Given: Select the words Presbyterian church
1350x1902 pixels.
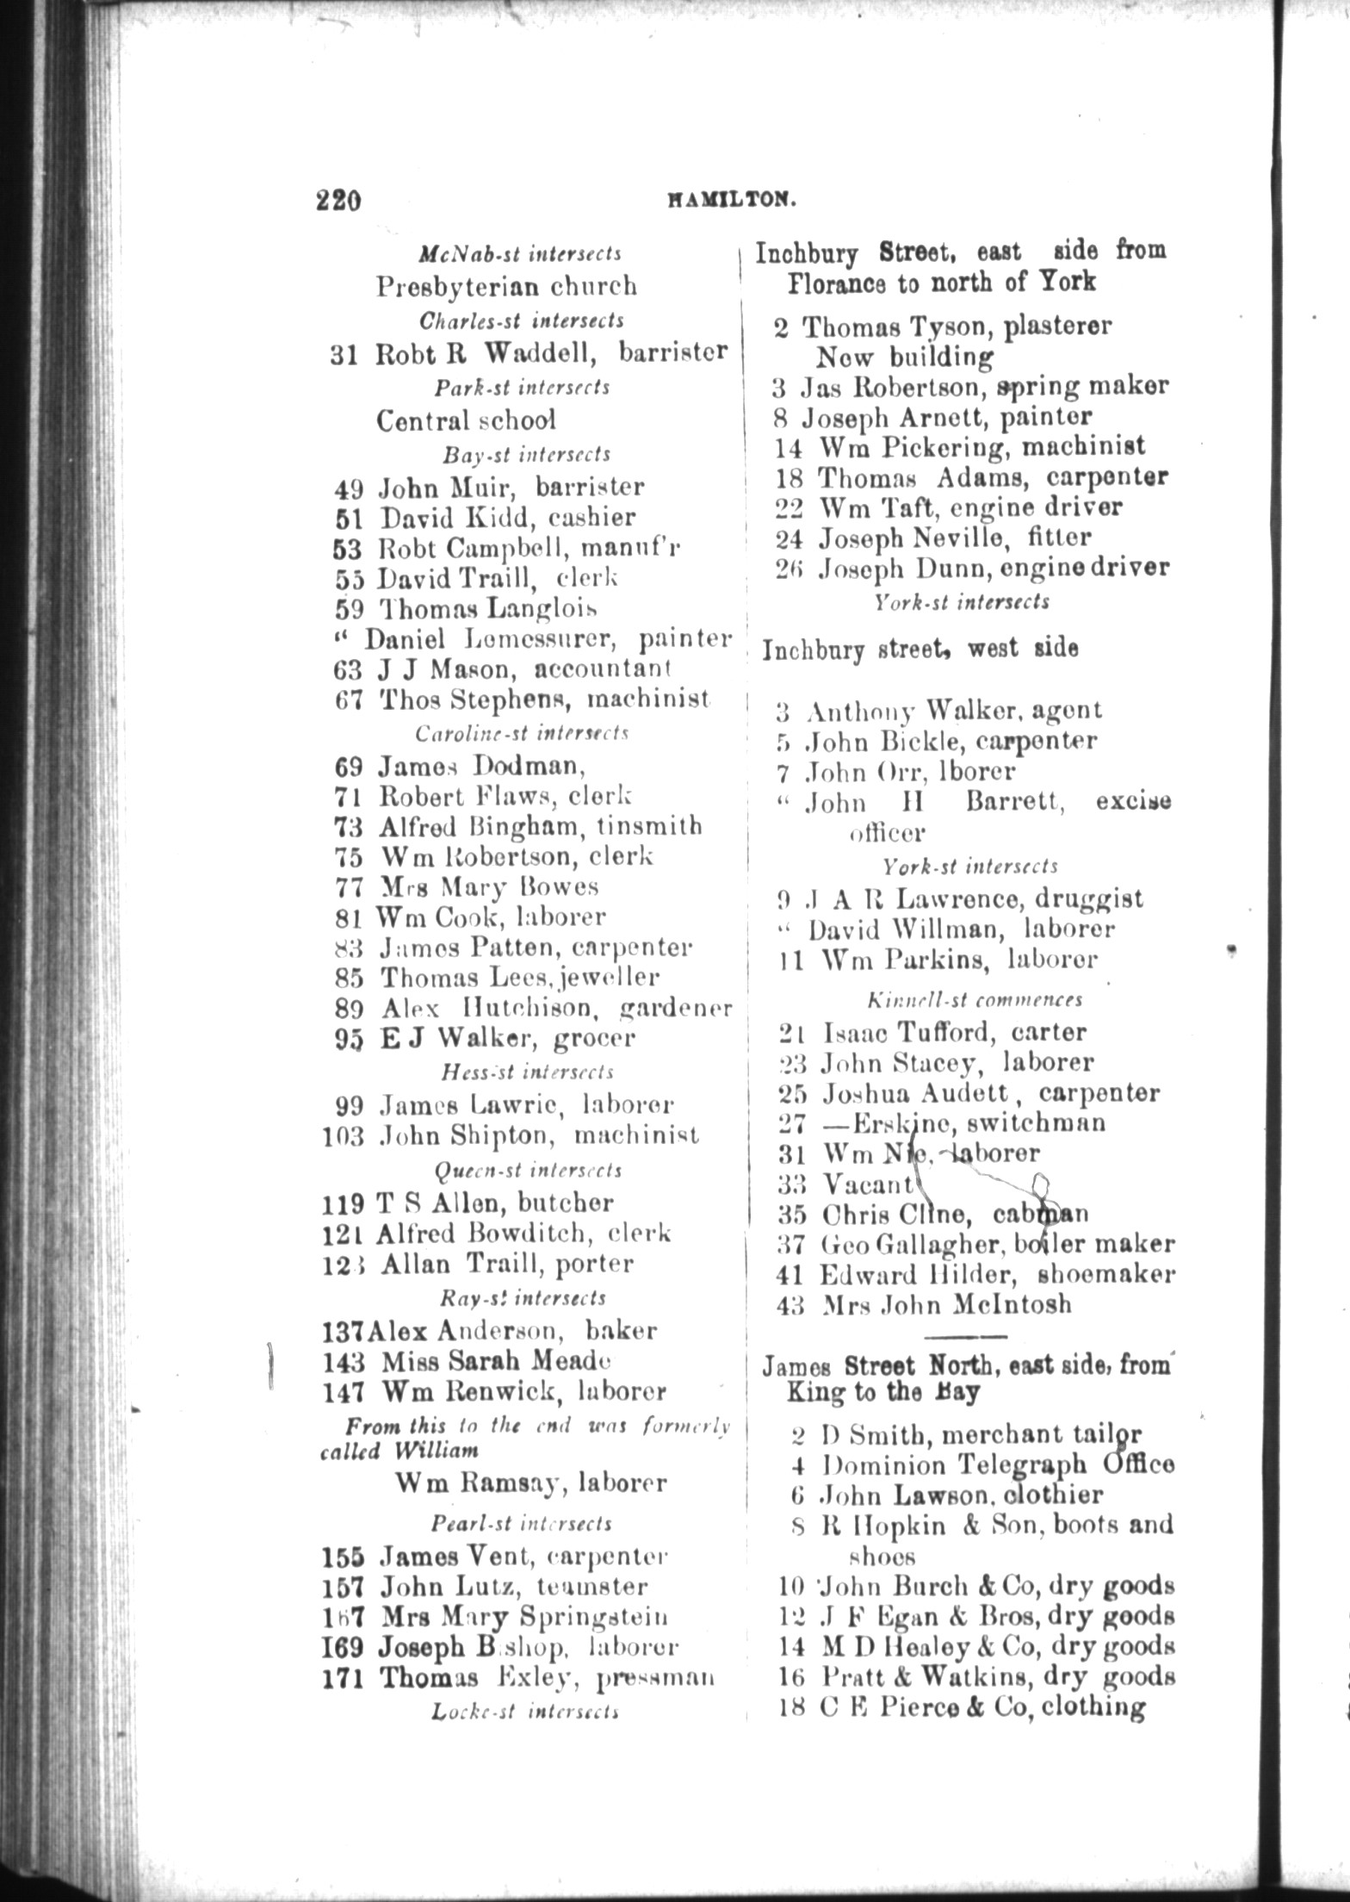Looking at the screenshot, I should [x=506, y=286].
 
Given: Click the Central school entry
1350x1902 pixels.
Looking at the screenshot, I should [x=466, y=420].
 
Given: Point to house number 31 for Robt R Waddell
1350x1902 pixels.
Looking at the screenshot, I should [x=344, y=354].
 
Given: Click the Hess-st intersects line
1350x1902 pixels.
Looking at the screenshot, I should [x=527, y=1072].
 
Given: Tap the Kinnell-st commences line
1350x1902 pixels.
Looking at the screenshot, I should [x=975, y=999].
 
